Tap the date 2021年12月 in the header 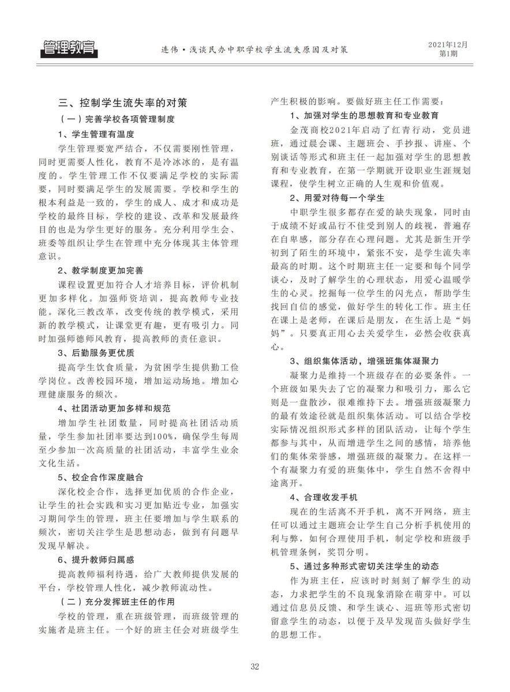448,44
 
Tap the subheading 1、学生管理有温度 96,134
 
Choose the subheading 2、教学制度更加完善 100,269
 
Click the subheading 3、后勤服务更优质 96,352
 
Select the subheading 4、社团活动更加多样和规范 114,408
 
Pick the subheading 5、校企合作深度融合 100,477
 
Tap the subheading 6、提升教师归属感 96,559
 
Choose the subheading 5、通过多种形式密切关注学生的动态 365,566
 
